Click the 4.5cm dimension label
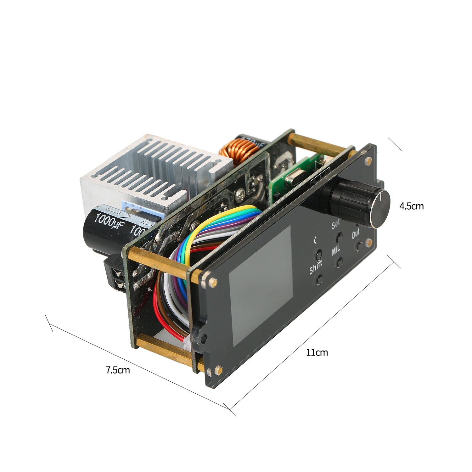(411, 206)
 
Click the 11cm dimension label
(317, 352)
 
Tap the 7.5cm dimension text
(117, 370)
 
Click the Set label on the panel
(336, 224)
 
